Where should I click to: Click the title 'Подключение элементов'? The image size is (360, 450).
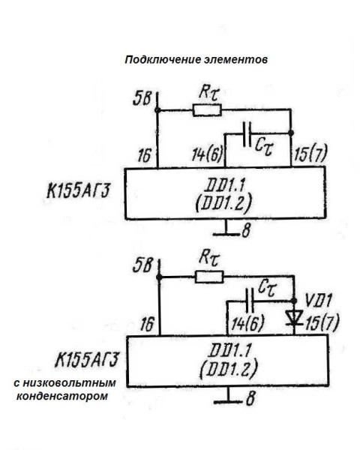point(196,60)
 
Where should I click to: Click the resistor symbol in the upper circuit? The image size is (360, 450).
point(207,110)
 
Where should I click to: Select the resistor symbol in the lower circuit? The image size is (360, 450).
point(209,277)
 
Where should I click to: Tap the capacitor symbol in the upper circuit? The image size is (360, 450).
point(247,134)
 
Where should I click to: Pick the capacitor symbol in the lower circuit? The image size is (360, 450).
point(250,301)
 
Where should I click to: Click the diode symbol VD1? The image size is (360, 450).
point(294,318)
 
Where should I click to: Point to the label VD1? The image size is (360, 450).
point(319,301)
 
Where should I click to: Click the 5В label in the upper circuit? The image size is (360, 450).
point(142,98)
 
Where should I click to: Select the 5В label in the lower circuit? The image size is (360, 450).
point(142,265)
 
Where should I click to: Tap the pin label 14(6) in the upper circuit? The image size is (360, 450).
point(207,155)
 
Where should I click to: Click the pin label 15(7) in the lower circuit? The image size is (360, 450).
point(322,322)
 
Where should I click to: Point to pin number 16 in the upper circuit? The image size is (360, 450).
point(145,155)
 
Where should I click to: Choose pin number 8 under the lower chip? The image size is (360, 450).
point(250,398)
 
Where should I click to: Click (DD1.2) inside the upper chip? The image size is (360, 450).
point(223,203)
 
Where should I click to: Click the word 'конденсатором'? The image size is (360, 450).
point(62,396)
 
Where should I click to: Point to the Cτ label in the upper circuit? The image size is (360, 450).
point(265,147)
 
